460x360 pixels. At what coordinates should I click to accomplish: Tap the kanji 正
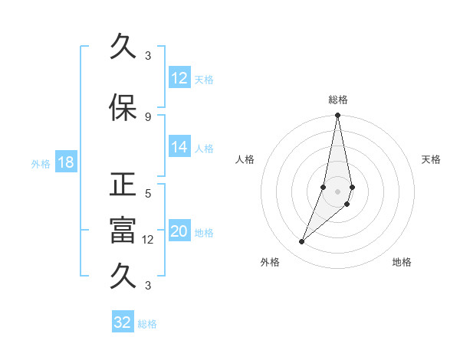[x=123, y=186]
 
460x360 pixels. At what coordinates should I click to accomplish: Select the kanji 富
[x=123, y=231]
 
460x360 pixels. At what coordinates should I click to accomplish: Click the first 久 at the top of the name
[x=123, y=48]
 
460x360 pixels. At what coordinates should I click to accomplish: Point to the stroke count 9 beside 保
[x=148, y=116]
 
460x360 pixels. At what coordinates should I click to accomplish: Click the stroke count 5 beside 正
[x=148, y=194]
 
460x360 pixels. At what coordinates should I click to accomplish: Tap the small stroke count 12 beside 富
[x=149, y=239]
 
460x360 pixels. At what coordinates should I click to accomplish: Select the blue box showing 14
[x=179, y=148]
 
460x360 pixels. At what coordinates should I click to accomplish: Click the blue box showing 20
[x=179, y=232]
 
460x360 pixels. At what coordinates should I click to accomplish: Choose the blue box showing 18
[x=65, y=163]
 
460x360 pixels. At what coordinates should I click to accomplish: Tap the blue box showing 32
[x=123, y=322]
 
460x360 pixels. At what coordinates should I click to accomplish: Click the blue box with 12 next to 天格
[x=179, y=78]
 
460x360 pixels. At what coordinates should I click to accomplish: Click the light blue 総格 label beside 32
[x=147, y=324]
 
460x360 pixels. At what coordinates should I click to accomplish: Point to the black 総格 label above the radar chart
[x=337, y=100]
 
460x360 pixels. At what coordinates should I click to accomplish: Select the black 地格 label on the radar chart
[x=402, y=262]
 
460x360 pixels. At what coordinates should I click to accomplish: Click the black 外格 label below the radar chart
[x=270, y=262]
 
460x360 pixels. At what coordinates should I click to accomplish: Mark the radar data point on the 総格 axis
[x=337, y=116]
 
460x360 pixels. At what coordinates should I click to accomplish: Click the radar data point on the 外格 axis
[x=301, y=242]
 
